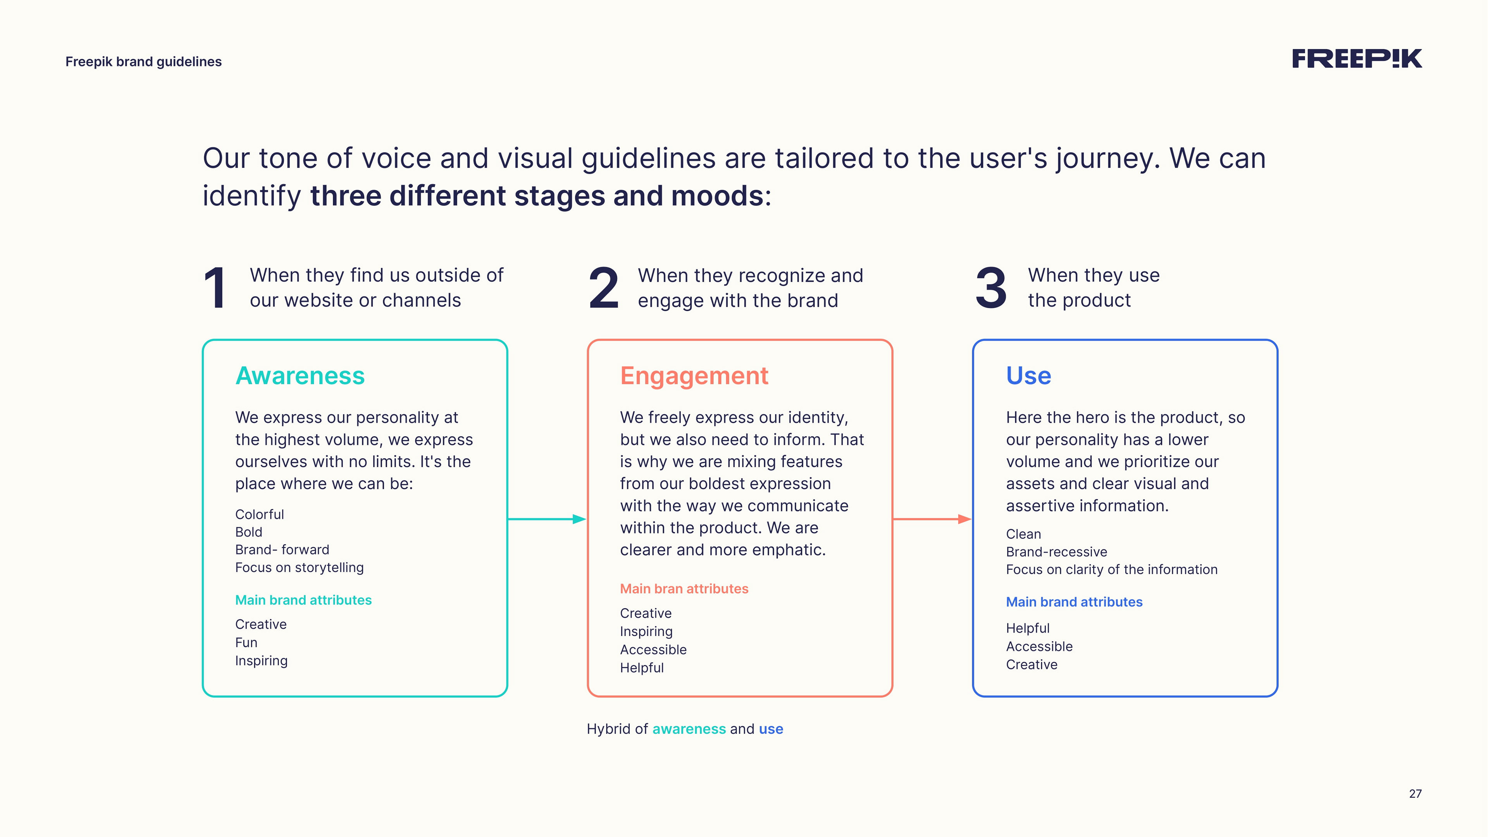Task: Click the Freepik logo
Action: [1356, 59]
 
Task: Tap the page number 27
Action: [1415, 794]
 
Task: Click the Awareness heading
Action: [300, 376]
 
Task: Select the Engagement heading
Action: [694, 376]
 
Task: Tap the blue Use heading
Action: [1028, 376]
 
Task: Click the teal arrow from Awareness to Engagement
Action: [546, 519]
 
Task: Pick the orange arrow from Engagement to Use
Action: [932, 519]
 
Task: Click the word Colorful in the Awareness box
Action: [259, 514]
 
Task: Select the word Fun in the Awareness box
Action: [246, 642]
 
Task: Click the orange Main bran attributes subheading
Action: [684, 588]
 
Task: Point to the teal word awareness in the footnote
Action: [689, 729]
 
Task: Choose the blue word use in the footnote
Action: [771, 729]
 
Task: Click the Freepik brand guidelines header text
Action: [143, 62]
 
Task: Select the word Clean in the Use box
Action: [1023, 534]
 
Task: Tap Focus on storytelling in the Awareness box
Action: [299, 568]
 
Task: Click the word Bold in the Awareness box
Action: [248, 532]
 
